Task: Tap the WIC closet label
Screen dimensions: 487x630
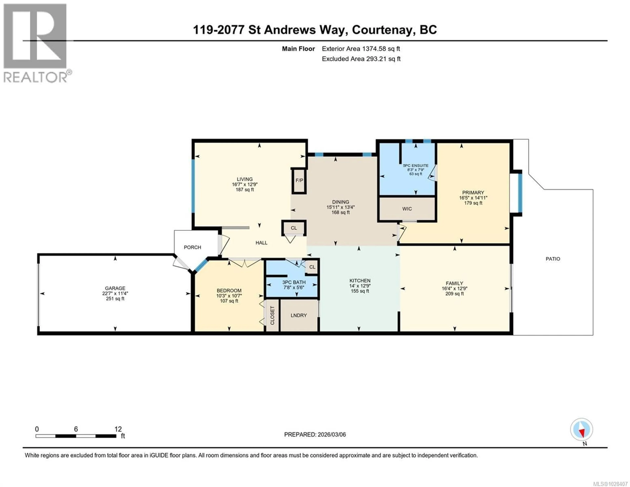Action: point(407,209)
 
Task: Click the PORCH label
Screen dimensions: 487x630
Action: point(192,247)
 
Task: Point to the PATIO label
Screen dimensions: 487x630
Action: point(553,259)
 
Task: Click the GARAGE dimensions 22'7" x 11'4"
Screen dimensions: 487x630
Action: point(115,293)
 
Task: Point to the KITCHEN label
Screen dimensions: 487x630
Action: point(360,281)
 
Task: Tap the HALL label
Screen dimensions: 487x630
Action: point(261,243)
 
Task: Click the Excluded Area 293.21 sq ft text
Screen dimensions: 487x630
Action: point(361,59)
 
